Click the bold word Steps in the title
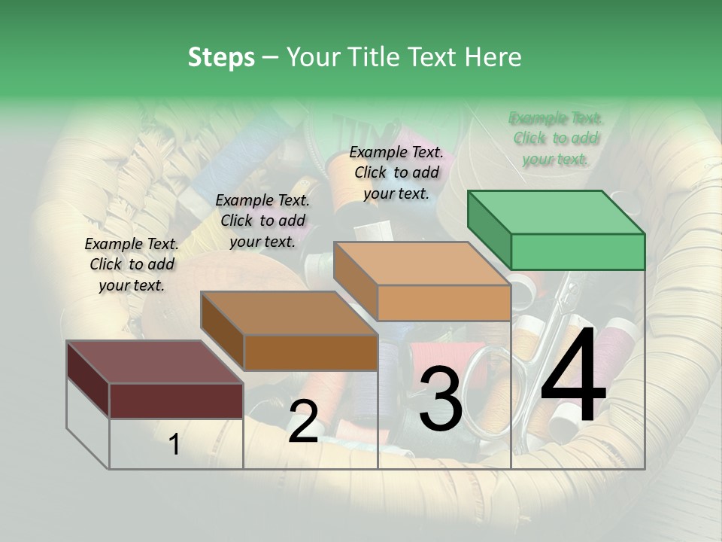[221, 57]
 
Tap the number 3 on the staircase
[440, 399]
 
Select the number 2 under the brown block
[303, 422]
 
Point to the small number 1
[174, 445]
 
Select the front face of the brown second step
[311, 352]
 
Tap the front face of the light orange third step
[444, 303]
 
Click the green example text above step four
[556, 139]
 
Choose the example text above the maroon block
[132, 264]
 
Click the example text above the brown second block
[262, 221]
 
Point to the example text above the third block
[396, 172]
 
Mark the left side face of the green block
[489, 230]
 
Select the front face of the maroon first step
[176, 400]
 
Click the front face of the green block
[578, 251]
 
